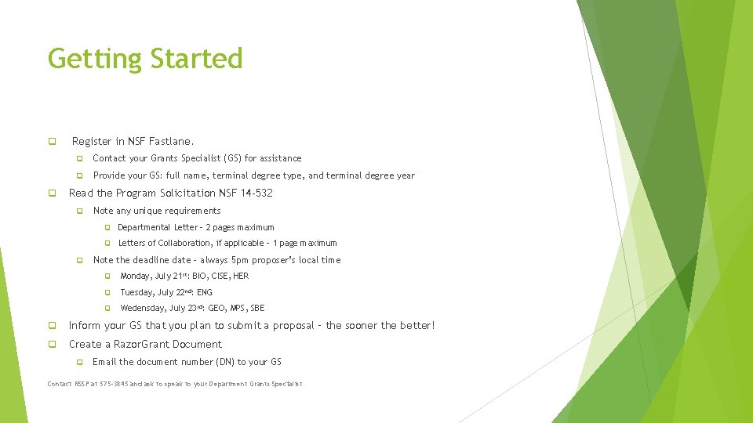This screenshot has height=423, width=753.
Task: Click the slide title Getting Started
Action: click(145, 59)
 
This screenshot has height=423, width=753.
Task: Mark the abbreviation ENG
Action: click(205, 292)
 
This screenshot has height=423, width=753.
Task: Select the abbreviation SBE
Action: click(257, 308)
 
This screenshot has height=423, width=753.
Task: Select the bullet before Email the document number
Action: click(79, 362)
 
